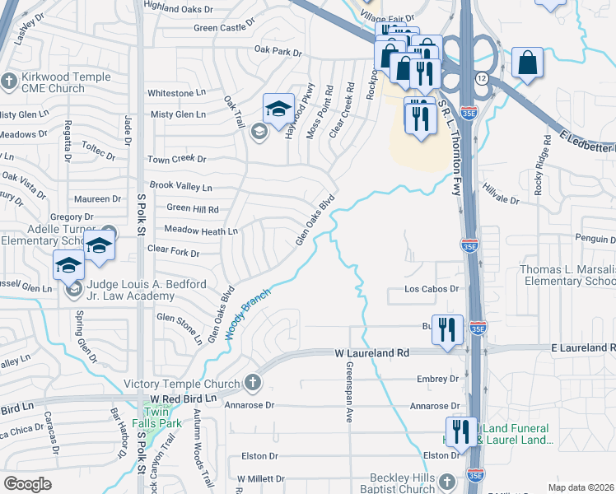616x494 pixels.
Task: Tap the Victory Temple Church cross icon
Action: coord(252,383)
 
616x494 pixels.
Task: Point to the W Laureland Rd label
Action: coord(371,352)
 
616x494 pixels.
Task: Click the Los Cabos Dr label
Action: coord(431,289)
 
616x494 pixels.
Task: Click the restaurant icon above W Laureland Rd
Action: coord(448,329)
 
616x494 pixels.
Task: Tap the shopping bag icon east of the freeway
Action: coord(527,63)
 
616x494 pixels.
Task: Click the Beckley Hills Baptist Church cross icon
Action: coord(446,481)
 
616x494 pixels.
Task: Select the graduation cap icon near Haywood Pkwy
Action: coord(278,110)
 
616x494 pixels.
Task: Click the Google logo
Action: coord(27,484)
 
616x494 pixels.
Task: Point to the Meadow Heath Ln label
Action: coord(201,231)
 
